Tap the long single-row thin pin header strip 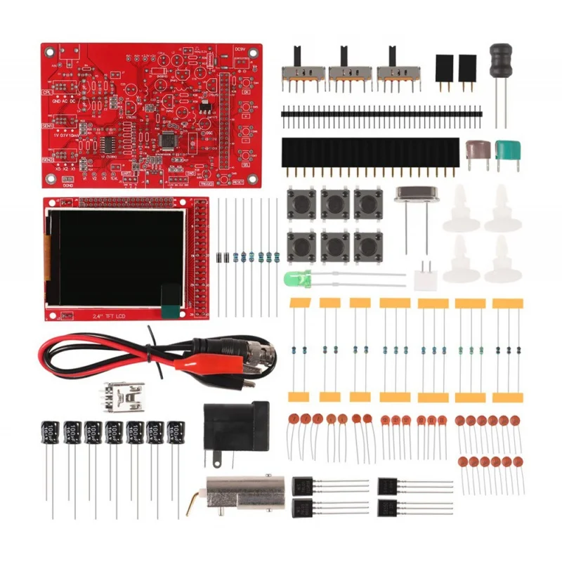point(381,111)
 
